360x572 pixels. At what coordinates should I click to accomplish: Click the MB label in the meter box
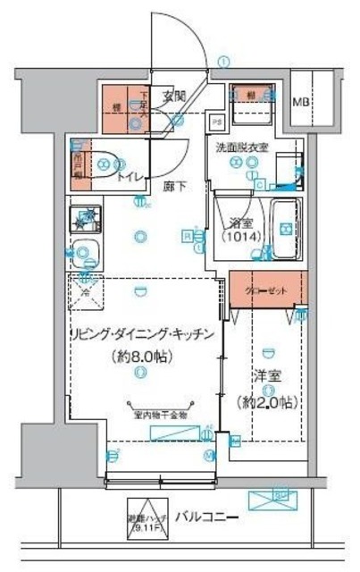[x=304, y=102]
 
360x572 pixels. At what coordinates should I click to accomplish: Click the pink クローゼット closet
[x=269, y=290]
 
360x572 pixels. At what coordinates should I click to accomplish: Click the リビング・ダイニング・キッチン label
[x=143, y=334]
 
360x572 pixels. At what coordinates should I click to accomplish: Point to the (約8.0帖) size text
[x=141, y=356]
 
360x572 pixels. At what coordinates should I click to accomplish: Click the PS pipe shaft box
[x=215, y=122]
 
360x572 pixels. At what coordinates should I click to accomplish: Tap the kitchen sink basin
[x=87, y=254]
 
